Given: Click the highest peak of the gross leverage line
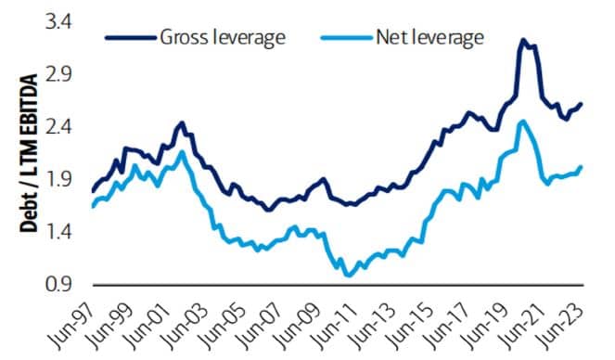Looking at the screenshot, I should click(x=523, y=40).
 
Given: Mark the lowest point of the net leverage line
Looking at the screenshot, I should click(x=348, y=276).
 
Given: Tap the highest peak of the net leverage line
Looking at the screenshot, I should click(x=523, y=121).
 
